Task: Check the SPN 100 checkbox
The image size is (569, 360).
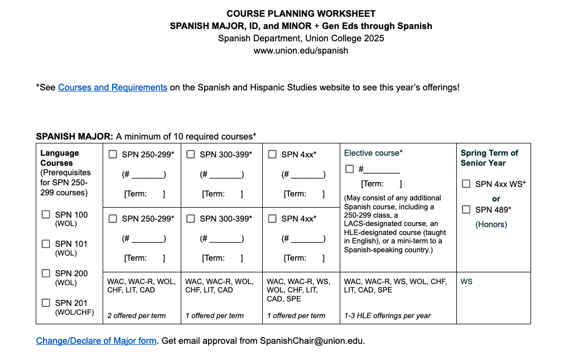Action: (46, 214)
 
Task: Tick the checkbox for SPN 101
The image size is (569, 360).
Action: (46, 244)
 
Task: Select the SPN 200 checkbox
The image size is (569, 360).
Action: (46, 273)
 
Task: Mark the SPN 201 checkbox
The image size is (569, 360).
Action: (46, 303)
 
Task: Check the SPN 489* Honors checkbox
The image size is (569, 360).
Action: (466, 210)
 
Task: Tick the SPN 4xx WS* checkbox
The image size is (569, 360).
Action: (466, 184)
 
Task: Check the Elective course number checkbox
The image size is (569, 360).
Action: (350, 169)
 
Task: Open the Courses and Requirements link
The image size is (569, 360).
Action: (113, 88)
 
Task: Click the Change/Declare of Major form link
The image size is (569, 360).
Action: (96, 340)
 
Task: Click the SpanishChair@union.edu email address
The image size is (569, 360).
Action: (312, 340)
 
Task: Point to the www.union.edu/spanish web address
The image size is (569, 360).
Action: (301, 51)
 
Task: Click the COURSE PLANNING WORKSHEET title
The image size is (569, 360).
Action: (301, 13)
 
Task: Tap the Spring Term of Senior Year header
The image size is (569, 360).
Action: (489, 158)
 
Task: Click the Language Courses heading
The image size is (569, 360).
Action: (60, 158)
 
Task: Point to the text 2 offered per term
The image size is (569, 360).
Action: (137, 316)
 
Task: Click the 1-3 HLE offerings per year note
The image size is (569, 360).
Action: (388, 316)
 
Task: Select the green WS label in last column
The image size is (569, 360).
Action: (466, 282)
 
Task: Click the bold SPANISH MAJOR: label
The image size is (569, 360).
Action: (75, 137)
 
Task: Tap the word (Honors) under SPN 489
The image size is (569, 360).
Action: (491, 224)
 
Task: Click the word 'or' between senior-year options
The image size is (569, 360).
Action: (496, 199)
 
